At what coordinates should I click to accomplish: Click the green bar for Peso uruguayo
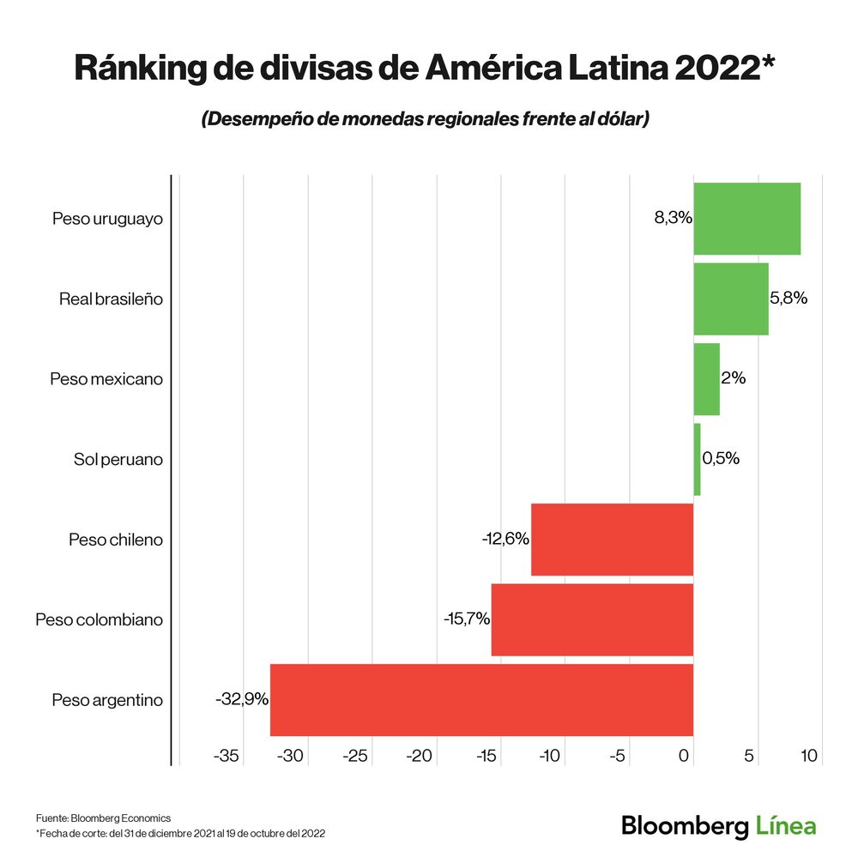tap(746, 219)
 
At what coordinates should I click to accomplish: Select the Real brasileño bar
tap(730, 299)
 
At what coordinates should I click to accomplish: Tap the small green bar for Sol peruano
tap(697, 459)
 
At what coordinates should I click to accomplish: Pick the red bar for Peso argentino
tap(481, 699)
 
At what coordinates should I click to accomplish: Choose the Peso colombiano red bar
tap(591, 619)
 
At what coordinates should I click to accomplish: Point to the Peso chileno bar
tap(612, 539)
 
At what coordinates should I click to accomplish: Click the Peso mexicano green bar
tap(706, 379)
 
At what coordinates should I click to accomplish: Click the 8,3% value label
tap(673, 218)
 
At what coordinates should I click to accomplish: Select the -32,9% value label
tap(241, 699)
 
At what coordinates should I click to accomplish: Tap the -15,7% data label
tap(466, 619)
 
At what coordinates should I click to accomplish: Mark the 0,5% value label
tap(721, 458)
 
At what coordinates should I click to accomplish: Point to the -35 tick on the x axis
tap(227, 756)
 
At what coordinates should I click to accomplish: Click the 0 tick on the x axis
tap(684, 756)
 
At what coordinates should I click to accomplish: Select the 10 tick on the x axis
tap(809, 756)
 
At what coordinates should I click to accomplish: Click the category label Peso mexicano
tap(106, 379)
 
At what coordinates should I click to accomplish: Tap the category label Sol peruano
tap(118, 459)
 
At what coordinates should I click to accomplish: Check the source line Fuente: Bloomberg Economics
tap(103, 818)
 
